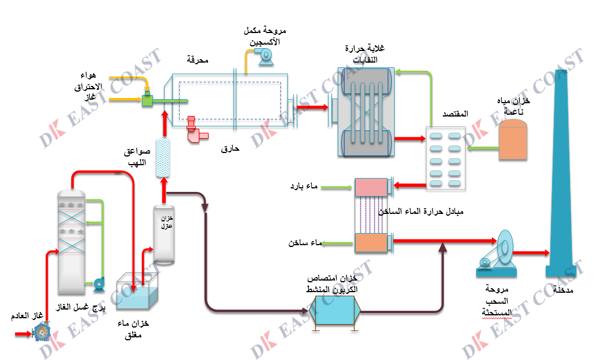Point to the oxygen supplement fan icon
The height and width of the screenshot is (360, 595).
click(x=265, y=54)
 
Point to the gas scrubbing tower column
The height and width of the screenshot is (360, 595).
click(x=72, y=243)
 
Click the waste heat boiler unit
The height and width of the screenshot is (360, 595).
click(x=366, y=112)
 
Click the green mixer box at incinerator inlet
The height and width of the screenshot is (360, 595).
click(x=148, y=101)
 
